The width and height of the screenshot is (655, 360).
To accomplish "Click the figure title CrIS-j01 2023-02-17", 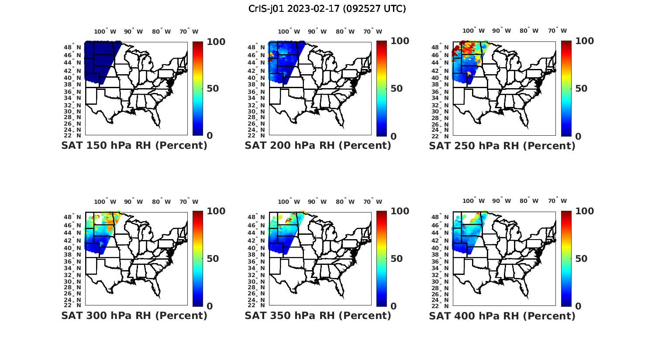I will tap(327, 9).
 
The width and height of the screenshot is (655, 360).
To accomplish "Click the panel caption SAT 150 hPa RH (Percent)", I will tap(134, 146).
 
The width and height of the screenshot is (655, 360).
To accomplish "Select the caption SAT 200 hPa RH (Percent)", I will tap(318, 146).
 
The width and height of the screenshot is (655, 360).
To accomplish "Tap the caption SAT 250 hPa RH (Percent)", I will tap(502, 146).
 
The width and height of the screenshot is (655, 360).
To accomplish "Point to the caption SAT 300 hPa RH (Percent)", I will tap(134, 315).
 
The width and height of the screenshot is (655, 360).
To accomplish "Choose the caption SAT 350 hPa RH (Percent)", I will tap(318, 315).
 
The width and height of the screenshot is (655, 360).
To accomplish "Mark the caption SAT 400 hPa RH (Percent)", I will tap(502, 315).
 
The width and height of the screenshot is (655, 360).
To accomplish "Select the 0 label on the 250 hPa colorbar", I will tap(578, 136).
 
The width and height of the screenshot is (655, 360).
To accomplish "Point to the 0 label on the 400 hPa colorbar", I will tap(578, 306).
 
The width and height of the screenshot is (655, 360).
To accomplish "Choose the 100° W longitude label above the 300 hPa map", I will tap(105, 202).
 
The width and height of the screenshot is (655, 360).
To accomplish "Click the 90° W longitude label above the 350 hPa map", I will tap(317, 202).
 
